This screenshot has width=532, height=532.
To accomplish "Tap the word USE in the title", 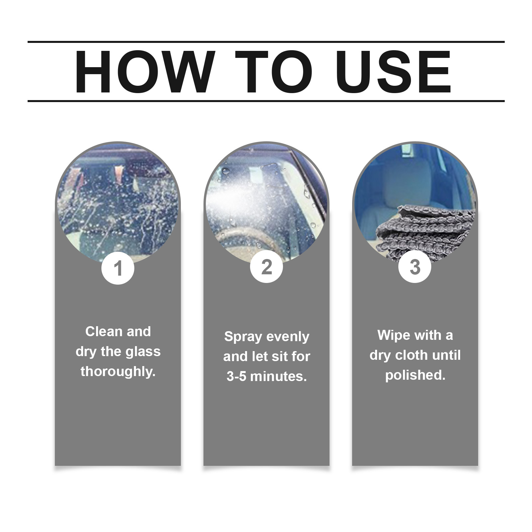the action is (395, 72).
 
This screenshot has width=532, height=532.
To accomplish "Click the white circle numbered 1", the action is (118, 268).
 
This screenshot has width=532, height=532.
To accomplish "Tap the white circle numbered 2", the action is (266, 267).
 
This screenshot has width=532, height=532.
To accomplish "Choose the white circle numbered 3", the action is (415, 267).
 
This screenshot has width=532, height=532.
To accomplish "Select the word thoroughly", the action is (118, 372).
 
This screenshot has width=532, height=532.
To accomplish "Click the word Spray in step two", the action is (243, 337).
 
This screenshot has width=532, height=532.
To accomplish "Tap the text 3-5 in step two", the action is (237, 376).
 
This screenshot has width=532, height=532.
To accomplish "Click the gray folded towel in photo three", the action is (429, 233).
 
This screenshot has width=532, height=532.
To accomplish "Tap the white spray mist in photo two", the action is (233, 199).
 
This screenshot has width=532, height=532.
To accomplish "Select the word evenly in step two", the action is (288, 337).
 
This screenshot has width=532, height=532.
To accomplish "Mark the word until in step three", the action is (447, 355).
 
